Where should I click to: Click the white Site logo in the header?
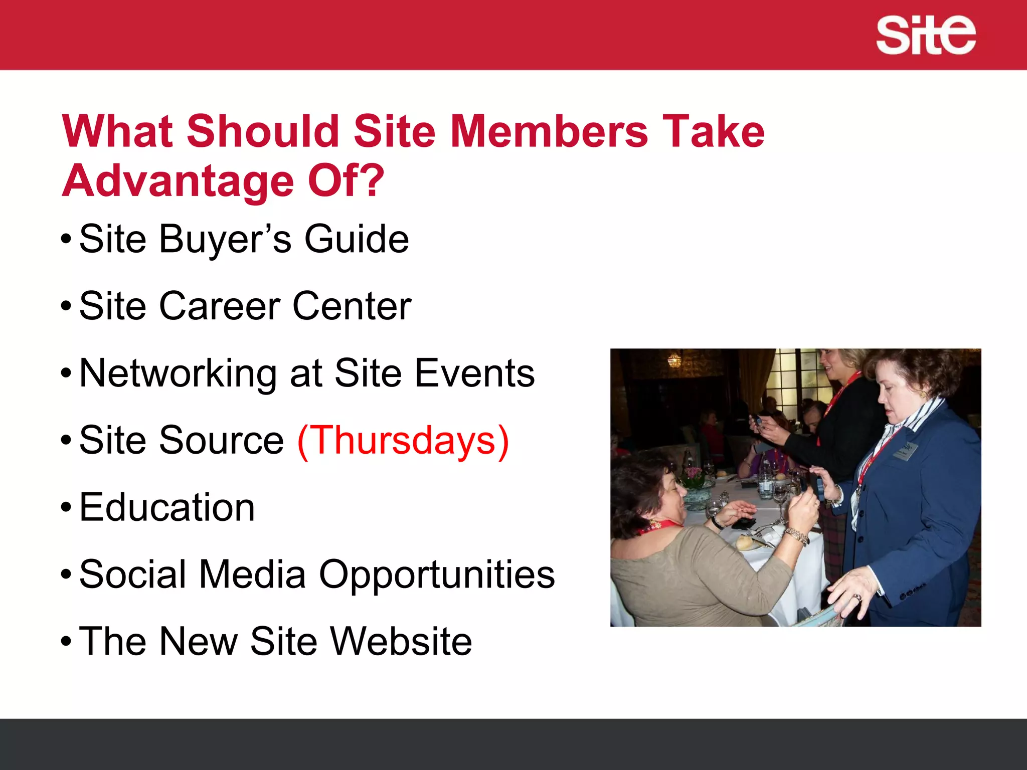pos(925,35)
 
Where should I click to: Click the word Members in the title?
pos(549,131)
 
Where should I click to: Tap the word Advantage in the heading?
pos(178,181)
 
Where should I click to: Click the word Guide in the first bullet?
pos(357,239)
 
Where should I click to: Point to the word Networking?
pos(178,373)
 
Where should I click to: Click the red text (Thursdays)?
pos(403,440)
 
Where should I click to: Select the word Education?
pos(167,507)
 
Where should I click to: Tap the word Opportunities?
pos(437,574)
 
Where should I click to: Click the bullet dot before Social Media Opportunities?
pos(66,574)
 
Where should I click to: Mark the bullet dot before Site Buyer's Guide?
pos(66,239)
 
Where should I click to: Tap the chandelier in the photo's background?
pos(674,359)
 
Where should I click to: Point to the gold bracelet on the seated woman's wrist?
pos(798,536)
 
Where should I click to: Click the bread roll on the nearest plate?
pos(745,542)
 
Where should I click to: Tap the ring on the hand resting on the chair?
pos(858,597)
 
